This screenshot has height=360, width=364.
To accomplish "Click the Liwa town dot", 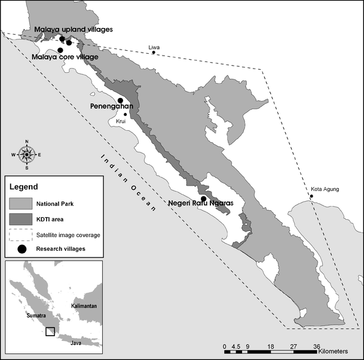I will [154, 53].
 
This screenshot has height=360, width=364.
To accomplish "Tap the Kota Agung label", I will [325, 190].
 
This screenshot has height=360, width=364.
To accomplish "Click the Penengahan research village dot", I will [120, 100].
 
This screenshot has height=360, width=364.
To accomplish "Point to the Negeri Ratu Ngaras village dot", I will [203, 198].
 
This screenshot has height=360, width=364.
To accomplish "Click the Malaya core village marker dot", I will [60, 50].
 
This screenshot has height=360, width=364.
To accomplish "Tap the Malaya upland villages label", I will [73, 29].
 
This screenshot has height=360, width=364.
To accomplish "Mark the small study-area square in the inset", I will [50, 331].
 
